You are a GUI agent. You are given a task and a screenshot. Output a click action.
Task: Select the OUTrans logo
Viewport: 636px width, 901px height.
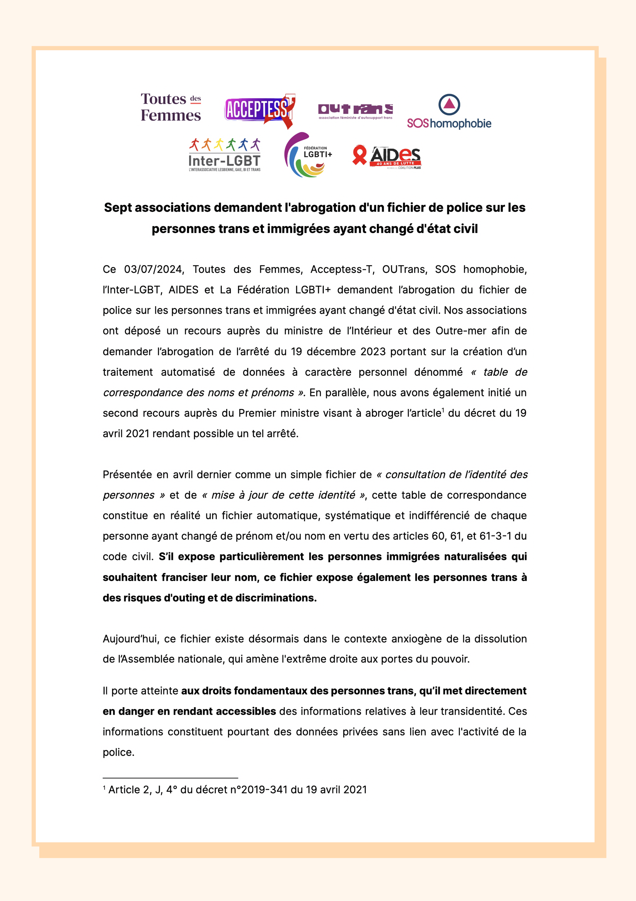click(x=355, y=111)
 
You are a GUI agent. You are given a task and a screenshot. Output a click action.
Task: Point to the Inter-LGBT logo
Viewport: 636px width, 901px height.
click(x=224, y=155)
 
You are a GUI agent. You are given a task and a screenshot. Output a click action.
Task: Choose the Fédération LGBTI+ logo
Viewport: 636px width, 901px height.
click(x=308, y=155)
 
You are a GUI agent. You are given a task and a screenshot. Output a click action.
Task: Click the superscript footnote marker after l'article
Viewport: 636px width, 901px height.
click(x=443, y=410)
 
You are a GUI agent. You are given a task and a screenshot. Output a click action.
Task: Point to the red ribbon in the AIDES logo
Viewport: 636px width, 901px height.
click(x=359, y=155)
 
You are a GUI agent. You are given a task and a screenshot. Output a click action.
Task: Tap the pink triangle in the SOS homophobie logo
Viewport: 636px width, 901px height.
click(x=449, y=104)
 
